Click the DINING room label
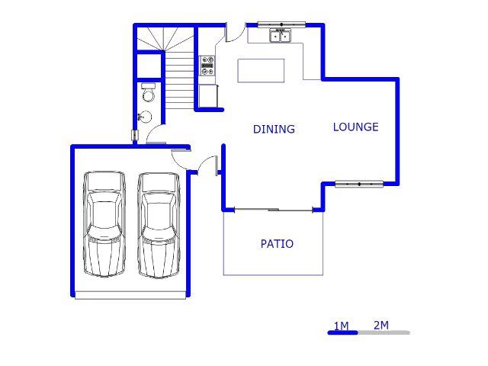pos(274,130)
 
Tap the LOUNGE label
pos(355,127)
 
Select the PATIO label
pos(277,244)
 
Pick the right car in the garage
pos(159,225)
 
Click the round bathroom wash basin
pos(144,117)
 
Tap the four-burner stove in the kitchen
pos(207,66)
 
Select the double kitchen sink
pos(280,35)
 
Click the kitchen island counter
pos(261,70)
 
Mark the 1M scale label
pos(341,326)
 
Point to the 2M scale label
pos(381,326)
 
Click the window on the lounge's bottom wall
pos(359,184)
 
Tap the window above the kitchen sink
pos(281,24)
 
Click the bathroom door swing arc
pos(156,134)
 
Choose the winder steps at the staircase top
pos(162,38)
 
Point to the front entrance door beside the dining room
pos(208,165)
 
